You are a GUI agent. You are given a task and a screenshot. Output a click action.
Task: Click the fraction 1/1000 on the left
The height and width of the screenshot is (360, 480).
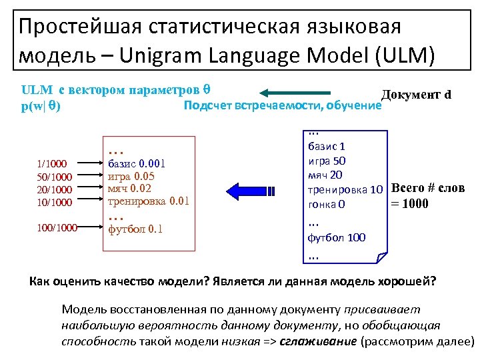click(51, 163)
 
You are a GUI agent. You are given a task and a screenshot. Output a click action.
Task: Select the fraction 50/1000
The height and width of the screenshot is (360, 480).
click(51, 176)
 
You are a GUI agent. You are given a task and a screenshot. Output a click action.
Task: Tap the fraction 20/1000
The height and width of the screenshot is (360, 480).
click(51, 189)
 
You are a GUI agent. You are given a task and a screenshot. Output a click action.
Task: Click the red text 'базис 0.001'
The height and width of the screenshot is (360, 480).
click(141, 163)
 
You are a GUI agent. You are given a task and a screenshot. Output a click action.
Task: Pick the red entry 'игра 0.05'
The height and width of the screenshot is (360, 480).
click(131, 176)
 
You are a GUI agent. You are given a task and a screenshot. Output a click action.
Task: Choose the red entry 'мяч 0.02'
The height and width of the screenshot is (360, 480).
click(129, 189)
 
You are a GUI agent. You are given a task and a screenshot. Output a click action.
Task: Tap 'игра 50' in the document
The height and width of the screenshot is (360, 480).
click(327, 161)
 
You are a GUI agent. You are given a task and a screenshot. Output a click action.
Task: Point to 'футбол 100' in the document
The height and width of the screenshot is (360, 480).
click(337, 237)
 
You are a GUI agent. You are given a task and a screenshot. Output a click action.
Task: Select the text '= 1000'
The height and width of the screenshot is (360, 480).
click(409, 203)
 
